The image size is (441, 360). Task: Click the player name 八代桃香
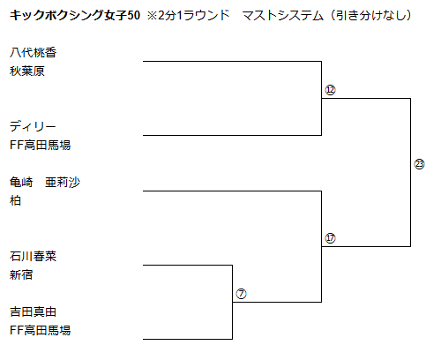point(33,53)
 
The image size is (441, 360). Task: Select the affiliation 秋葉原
point(27,71)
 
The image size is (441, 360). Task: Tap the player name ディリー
point(33,127)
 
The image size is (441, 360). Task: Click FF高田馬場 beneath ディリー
point(41,145)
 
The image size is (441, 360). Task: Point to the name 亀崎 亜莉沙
point(45,183)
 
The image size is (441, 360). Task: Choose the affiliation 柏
point(15,201)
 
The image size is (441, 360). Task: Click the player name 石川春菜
point(33,257)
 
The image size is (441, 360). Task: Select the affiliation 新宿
point(21,275)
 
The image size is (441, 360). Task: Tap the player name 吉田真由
point(33,311)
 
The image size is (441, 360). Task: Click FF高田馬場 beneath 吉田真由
point(41,330)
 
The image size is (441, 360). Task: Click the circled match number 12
point(330,90)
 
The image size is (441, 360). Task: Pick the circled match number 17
point(330,238)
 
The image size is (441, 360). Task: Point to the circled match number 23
point(419,164)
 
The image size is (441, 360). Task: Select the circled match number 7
point(241,294)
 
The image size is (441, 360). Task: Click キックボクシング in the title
point(56,15)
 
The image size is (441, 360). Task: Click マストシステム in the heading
point(283,15)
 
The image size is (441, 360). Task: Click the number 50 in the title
point(134,15)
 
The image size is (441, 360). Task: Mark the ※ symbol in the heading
point(153,16)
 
